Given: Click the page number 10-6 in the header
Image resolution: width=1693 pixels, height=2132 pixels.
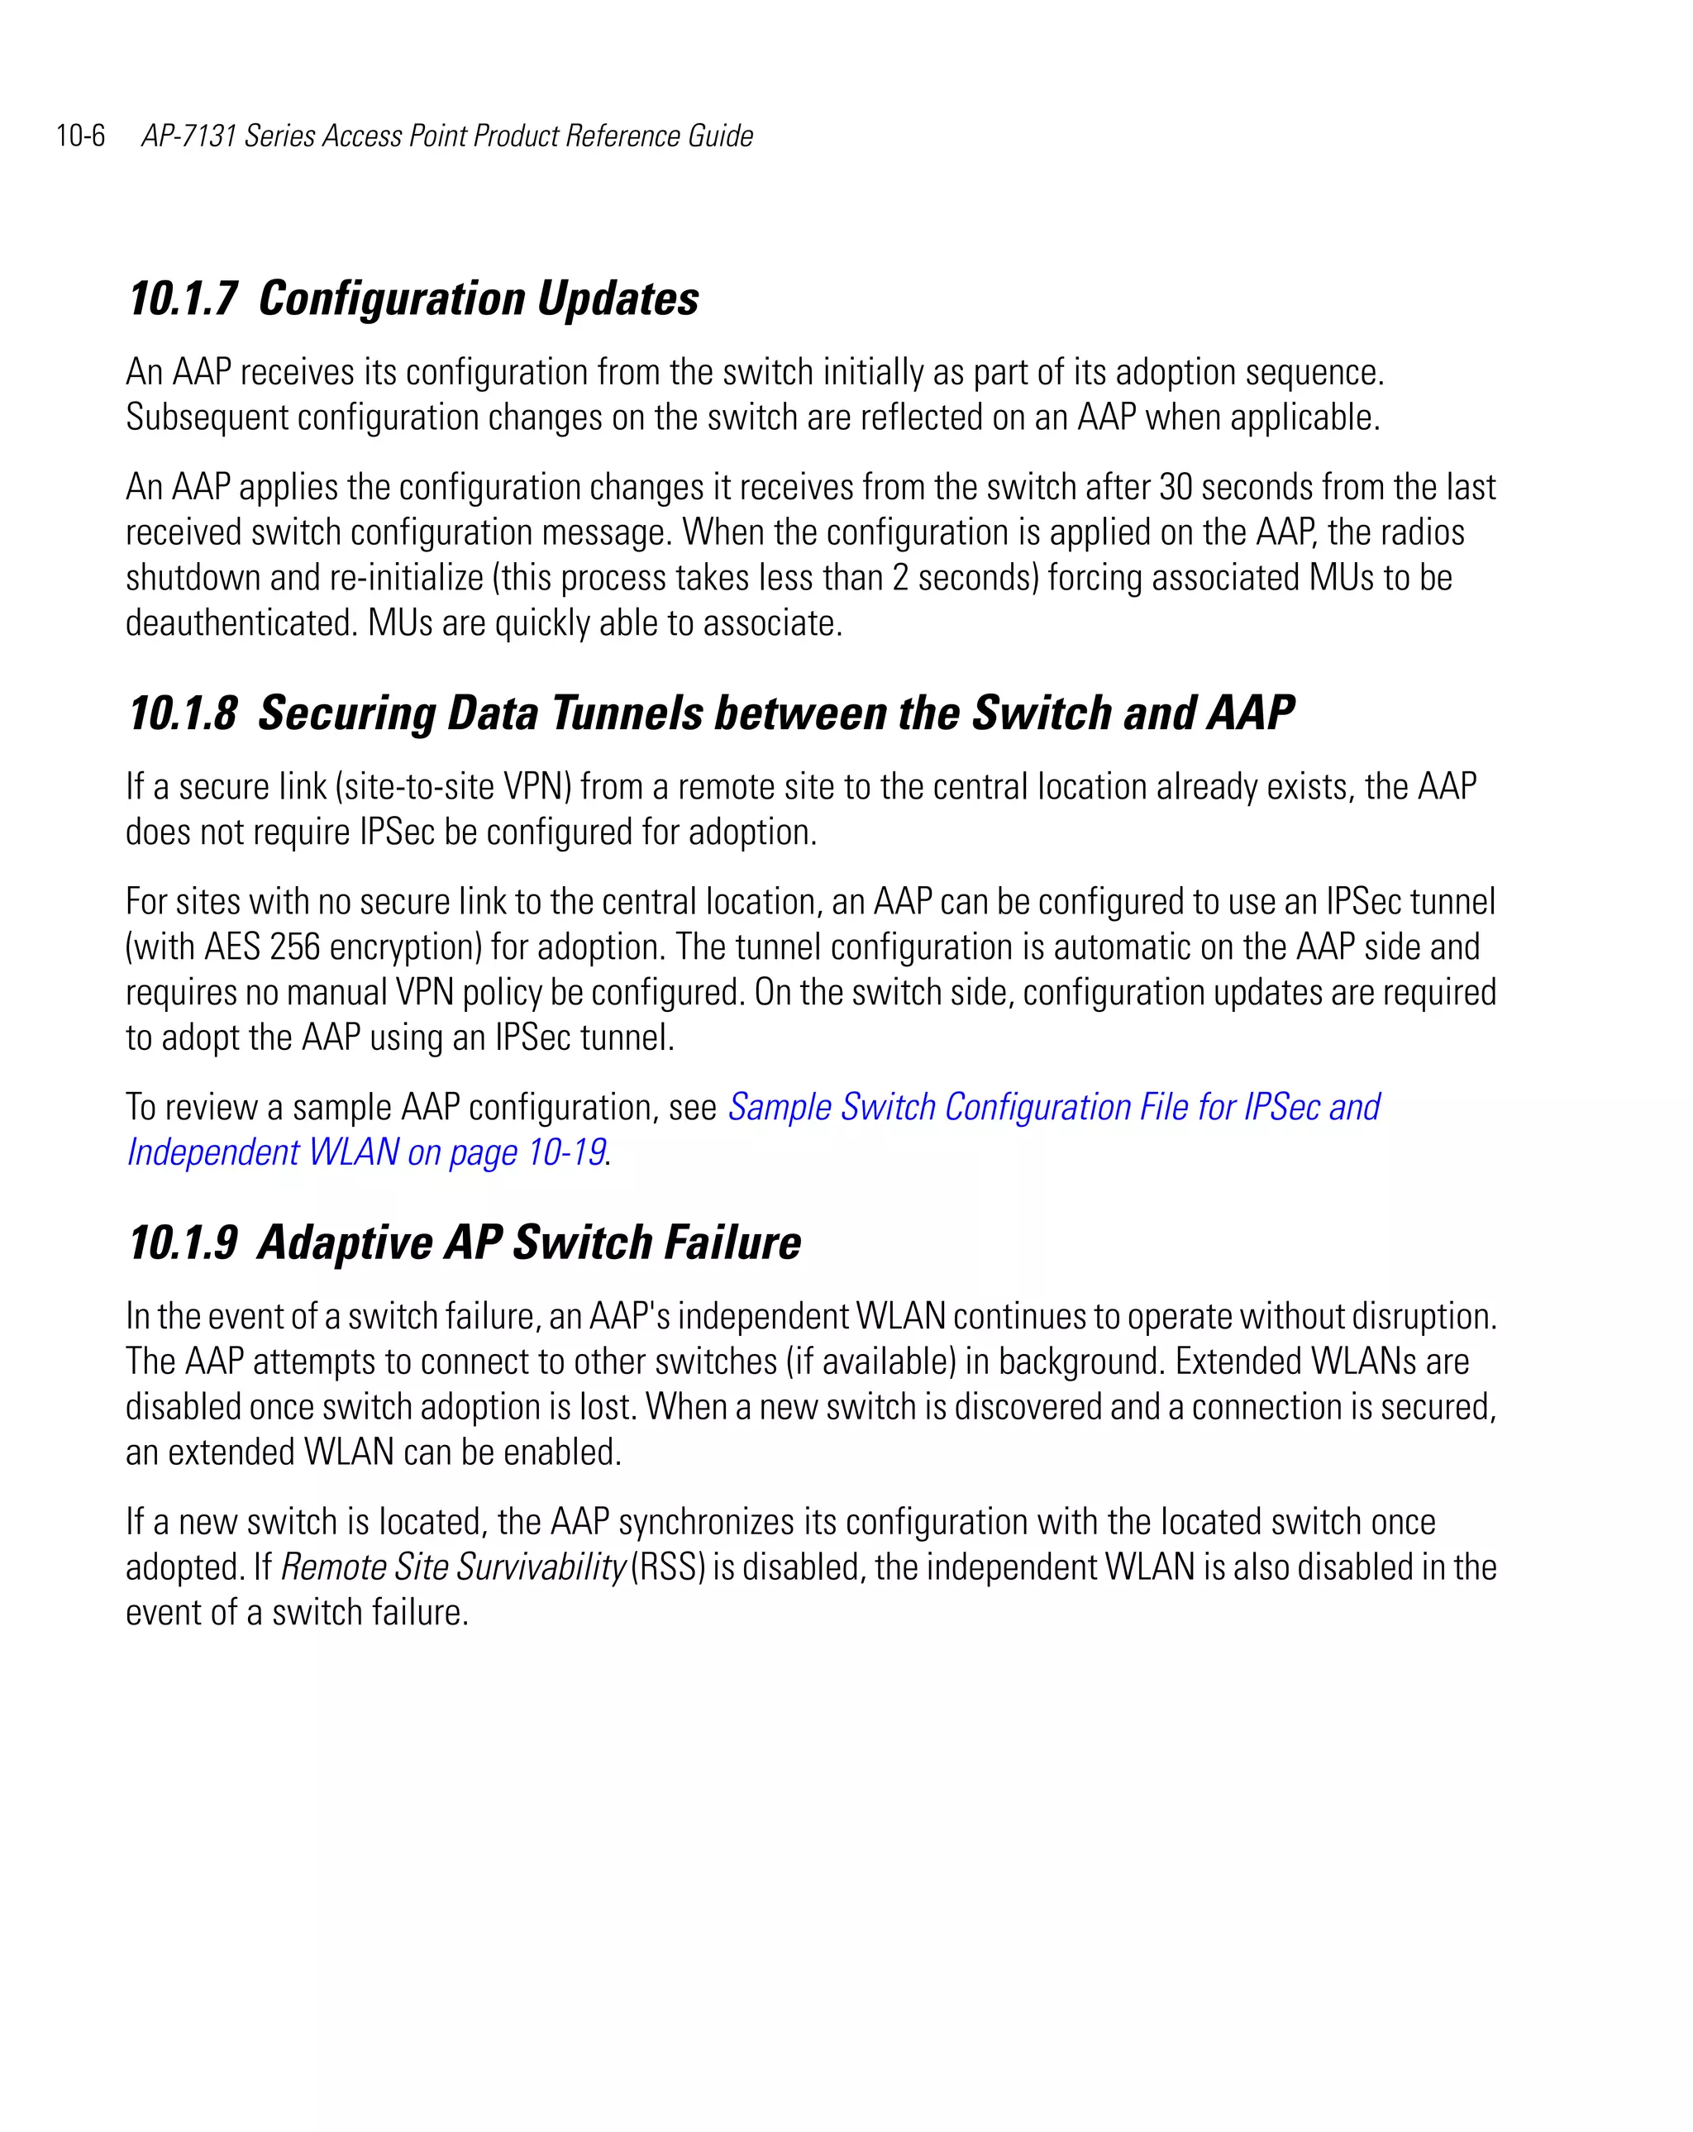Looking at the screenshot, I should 80,136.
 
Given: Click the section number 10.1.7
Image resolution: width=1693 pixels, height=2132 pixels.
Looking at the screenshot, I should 183,298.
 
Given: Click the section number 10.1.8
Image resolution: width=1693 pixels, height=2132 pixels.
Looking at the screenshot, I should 183,713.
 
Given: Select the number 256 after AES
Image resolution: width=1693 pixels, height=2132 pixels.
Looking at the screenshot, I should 293,947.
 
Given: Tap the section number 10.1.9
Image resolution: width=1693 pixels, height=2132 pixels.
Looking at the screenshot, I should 183,1243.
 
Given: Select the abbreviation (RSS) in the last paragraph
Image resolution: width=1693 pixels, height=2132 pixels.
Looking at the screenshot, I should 667,1567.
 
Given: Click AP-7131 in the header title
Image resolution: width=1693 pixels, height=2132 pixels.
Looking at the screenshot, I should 188,136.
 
